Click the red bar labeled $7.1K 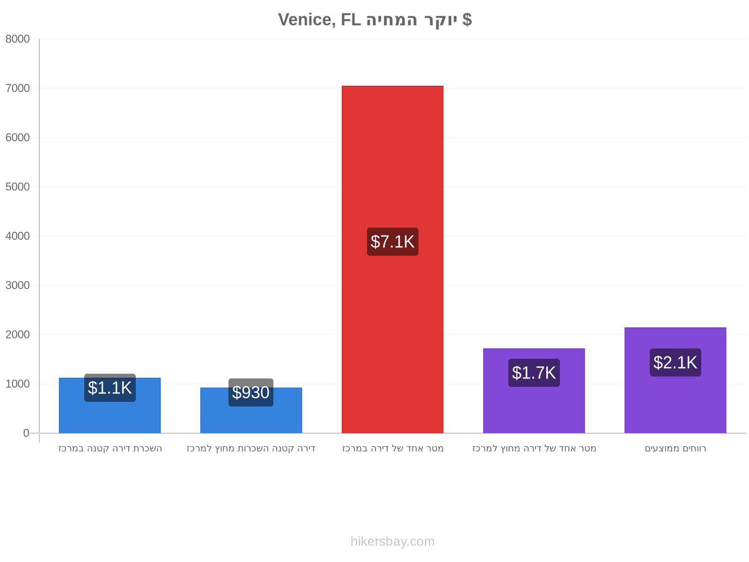[x=392, y=259]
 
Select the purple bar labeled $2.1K [x=676, y=380]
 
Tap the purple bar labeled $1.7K [x=534, y=391]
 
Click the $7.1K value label [x=393, y=242]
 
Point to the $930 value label [x=251, y=392]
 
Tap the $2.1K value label [x=676, y=362]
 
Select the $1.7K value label [x=534, y=373]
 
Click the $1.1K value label [x=110, y=388]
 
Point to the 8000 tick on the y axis [x=17, y=39]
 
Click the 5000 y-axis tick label [x=17, y=187]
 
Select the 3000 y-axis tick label [x=17, y=285]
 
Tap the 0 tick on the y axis [x=26, y=433]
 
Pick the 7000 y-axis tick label [x=17, y=88]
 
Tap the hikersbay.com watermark [x=393, y=541]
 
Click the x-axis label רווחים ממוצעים [x=676, y=448]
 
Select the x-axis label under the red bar [x=393, y=448]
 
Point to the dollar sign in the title [x=467, y=20]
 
